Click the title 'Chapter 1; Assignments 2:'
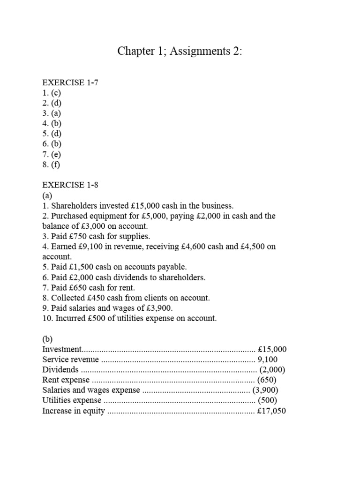tap(180, 52)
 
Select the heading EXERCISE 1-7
tap(70, 82)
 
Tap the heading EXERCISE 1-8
tap(70, 185)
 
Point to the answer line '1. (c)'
tap(52, 93)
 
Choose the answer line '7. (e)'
tap(52, 154)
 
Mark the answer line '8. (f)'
tap(52, 165)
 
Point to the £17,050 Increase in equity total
tap(272, 411)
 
